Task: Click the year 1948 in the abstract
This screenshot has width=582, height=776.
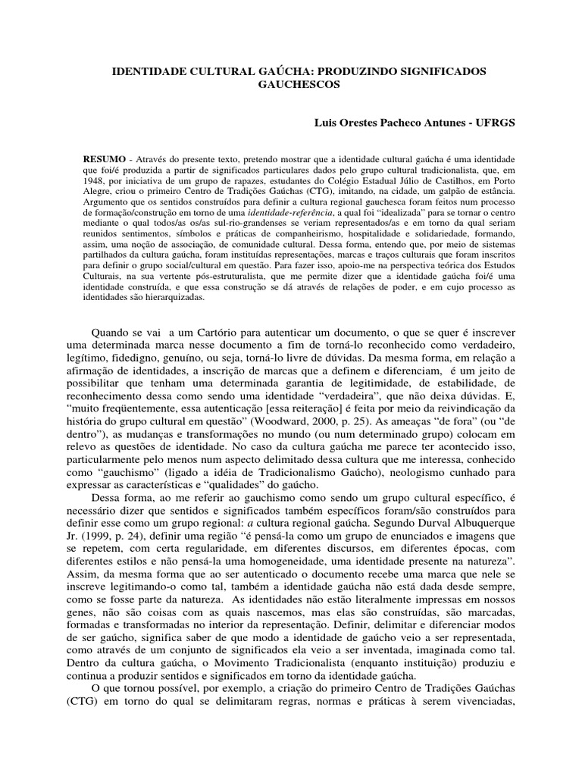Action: [x=94, y=182]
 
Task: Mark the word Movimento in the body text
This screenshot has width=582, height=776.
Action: [x=238, y=664]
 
